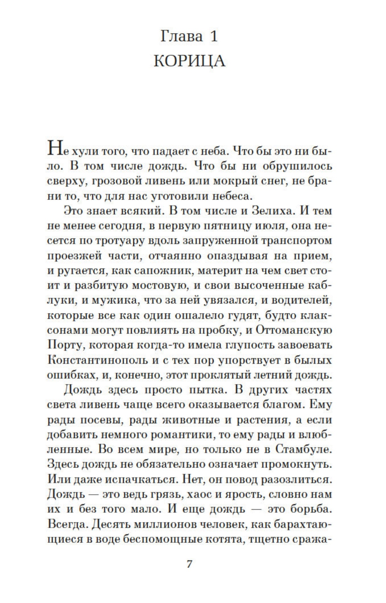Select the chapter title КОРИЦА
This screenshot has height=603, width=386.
189,61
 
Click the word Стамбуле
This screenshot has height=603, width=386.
302,450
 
